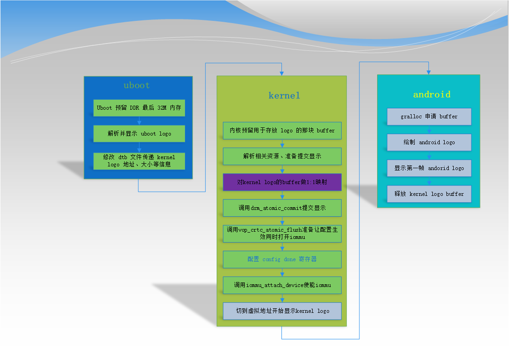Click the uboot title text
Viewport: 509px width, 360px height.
pos(137,85)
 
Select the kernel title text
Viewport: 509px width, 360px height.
pos(284,95)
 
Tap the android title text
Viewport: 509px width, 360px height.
pos(432,94)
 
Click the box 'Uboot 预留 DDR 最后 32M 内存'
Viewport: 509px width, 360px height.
pos(139,108)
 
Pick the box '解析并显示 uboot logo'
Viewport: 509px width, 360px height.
pos(139,133)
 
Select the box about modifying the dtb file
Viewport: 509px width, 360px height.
pos(139,161)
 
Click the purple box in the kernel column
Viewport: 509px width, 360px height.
pos(282,182)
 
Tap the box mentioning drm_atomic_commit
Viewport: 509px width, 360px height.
pos(282,208)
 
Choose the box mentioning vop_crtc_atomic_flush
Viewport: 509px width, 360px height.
pos(282,234)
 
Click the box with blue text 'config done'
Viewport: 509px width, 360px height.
pos(282,259)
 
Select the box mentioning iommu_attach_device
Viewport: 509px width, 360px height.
pos(282,285)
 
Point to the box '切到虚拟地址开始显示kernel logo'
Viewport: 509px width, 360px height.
pos(282,311)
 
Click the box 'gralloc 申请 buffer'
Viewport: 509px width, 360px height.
pos(429,117)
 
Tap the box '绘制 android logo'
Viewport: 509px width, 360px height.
pos(429,142)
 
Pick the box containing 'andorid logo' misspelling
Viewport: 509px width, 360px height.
pos(429,168)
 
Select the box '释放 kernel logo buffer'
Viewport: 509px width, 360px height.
pos(429,194)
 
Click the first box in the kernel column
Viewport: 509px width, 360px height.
pos(282,131)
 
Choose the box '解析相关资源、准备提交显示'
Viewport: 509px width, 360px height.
pos(282,156)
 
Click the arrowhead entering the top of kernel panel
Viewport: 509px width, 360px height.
pos(282,73)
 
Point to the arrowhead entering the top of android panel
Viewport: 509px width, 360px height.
pos(429,73)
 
